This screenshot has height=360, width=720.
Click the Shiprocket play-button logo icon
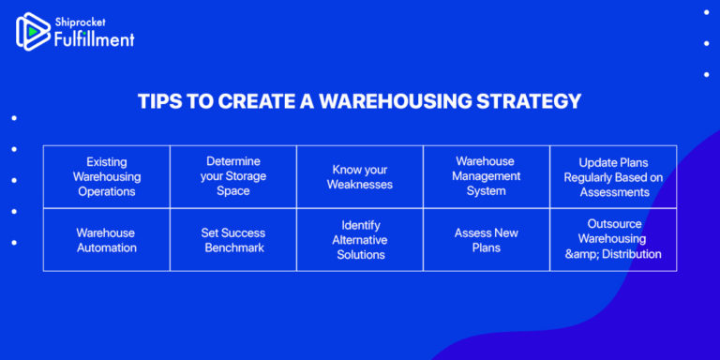click(x=34, y=31)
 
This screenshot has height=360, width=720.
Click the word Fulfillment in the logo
click(x=95, y=38)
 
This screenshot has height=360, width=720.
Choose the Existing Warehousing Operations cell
click(x=106, y=176)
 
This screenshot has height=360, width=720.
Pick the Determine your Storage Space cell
click(x=232, y=176)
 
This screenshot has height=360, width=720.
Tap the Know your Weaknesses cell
click(x=360, y=176)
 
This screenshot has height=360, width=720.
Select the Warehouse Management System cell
click(x=486, y=176)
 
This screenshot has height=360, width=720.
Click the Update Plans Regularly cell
click(x=613, y=176)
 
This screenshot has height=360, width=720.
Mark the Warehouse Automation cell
click(x=106, y=240)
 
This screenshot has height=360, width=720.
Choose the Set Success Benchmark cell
click(x=232, y=240)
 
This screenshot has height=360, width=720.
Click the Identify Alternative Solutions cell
click(x=360, y=240)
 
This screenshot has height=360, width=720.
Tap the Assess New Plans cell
click(x=486, y=240)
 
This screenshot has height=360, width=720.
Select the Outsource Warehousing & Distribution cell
click(x=613, y=240)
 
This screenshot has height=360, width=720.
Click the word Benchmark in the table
click(x=232, y=247)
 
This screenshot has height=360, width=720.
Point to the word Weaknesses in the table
click(x=360, y=184)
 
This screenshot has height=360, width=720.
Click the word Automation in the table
click(x=106, y=247)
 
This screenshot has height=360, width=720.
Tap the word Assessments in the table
click(x=613, y=191)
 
